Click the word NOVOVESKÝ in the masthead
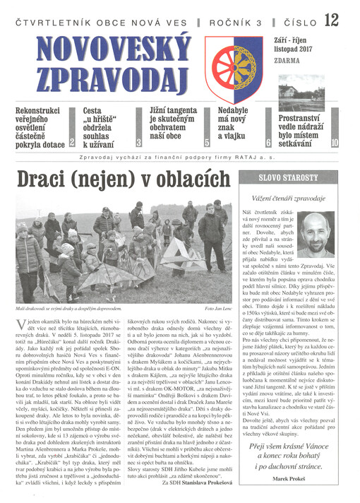(102, 52)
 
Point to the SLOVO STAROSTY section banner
(289, 178)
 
